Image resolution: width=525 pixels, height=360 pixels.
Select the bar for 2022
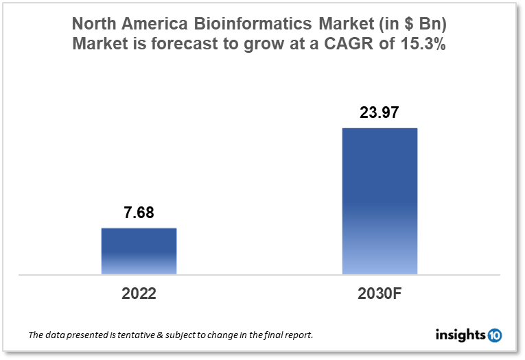[x=139, y=251]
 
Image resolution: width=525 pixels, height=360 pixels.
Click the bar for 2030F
[x=380, y=201]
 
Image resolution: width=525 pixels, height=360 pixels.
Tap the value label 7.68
[x=139, y=213]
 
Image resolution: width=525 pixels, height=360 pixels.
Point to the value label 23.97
[x=380, y=112]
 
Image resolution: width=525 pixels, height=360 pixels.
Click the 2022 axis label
[x=139, y=294]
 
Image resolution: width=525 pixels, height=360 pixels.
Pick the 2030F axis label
[x=380, y=294]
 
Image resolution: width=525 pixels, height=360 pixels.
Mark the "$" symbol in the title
[x=395, y=25]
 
